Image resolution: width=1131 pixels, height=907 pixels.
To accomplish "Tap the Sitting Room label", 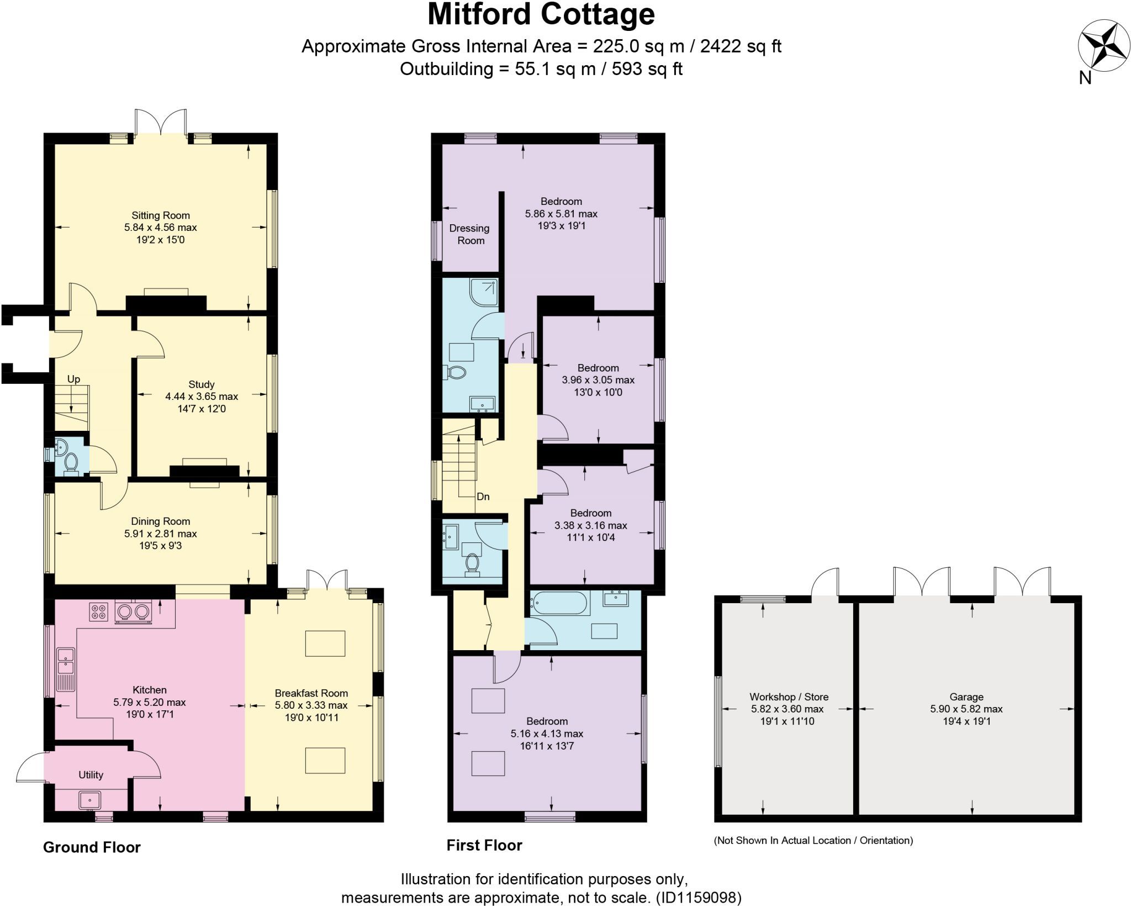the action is click(161, 215).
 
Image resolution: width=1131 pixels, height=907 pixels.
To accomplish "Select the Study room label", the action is click(202, 384).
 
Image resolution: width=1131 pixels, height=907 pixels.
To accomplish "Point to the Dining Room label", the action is click(161, 521).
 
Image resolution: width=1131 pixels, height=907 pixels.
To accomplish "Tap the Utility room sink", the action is click(89, 799).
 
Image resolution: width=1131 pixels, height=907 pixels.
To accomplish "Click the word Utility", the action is click(91, 775).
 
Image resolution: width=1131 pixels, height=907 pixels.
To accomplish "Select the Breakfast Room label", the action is click(311, 693).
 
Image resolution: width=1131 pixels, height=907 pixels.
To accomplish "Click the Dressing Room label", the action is click(470, 234).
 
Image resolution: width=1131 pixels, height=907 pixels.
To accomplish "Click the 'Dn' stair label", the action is click(483, 497).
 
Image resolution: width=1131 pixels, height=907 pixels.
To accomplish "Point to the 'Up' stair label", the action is click(73, 379).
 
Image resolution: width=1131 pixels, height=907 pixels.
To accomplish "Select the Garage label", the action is click(966, 697).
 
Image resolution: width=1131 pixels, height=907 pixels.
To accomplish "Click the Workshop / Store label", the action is click(789, 697).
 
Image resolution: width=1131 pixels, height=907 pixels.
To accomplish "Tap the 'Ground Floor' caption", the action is click(92, 847).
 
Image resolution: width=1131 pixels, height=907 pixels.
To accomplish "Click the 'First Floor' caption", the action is click(484, 845).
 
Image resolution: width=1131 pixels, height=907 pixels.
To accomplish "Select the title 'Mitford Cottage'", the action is click(541, 15).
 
